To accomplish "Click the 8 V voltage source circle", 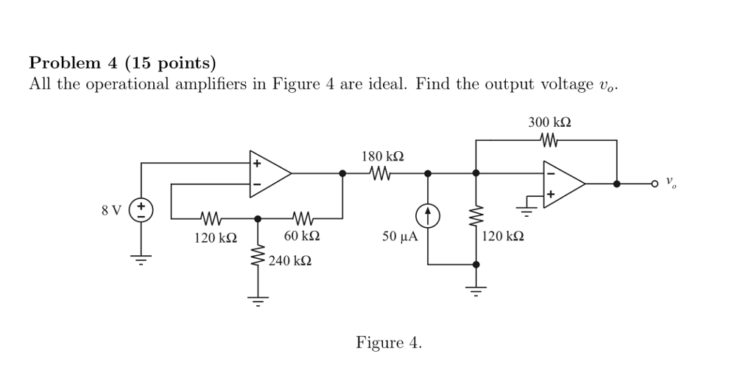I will [141, 210].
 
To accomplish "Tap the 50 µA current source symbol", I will [428, 216].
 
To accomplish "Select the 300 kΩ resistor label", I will [549, 122].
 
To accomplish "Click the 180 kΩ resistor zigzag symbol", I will [381, 174].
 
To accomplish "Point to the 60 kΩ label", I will [301, 237].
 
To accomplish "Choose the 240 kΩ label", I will [289, 261].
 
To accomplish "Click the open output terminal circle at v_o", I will [654, 184].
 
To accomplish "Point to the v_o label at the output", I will [670, 181].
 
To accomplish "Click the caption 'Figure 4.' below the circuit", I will [389, 343].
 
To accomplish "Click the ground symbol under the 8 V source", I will [141, 259].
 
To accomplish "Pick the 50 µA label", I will [399, 237].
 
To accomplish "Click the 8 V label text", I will [111, 211].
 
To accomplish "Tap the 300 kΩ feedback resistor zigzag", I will [549, 139].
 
